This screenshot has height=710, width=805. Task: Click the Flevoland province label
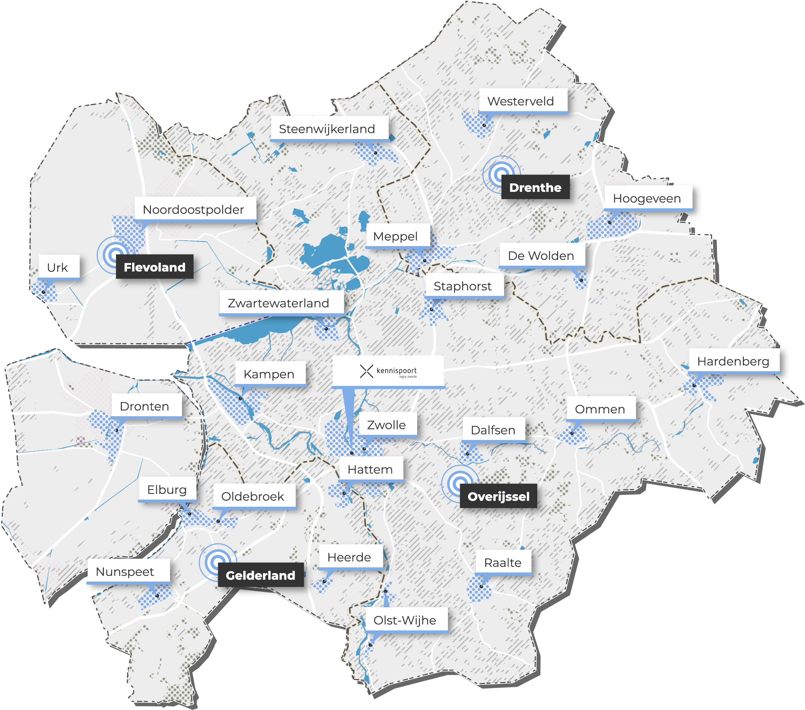(154, 267)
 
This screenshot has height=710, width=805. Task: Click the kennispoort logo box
(388, 371)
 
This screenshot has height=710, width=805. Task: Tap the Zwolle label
(387, 424)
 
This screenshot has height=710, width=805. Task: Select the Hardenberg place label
(733, 361)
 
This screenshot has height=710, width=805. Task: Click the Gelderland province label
(260, 575)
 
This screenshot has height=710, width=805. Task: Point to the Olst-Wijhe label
(405, 620)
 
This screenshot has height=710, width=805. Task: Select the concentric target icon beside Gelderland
(217, 561)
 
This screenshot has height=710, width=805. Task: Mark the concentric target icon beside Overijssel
(459, 483)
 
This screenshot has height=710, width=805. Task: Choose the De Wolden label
(541, 255)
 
